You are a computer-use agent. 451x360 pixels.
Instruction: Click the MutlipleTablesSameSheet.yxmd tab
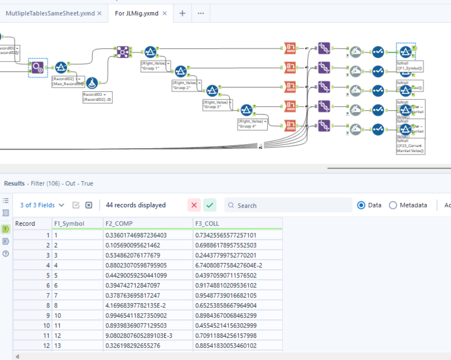[x=50, y=13]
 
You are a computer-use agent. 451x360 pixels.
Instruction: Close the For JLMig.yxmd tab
[x=165, y=13]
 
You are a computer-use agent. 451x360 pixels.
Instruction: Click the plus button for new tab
[x=182, y=13]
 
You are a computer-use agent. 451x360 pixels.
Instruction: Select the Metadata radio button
[x=393, y=205]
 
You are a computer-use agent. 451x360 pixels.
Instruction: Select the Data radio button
[x=361, y=205]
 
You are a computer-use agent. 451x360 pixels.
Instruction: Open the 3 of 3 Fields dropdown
[x=42, y=205]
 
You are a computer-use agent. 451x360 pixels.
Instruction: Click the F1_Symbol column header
[x=69, y=223]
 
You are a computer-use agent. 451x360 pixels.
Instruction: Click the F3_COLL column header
[x=207, y=223]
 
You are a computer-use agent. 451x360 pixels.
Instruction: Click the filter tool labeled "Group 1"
[x=150, y=52]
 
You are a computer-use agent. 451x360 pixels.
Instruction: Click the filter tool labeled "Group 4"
[x=247, y=110]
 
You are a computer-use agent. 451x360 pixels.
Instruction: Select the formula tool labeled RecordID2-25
[x=91, y=83]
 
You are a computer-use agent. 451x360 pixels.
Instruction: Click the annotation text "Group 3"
[x=216, y=105]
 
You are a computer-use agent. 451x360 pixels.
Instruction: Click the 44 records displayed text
[x=136, y=205]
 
